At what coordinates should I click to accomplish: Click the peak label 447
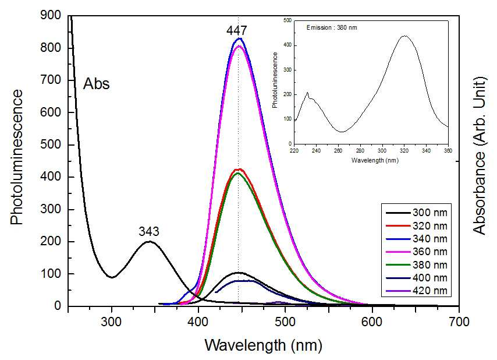[x=236, y=30]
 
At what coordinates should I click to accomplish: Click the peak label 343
[x=148, y=231]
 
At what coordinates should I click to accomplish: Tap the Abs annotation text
[x=97, y=84]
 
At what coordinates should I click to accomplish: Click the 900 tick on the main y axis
[x=51, y=15]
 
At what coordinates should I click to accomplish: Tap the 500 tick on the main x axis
[x=285, y=322]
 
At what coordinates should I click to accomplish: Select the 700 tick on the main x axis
[x=459, y=322]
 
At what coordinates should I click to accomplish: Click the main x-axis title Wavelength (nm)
[x=264, y=345]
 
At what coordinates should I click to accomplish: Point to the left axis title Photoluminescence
[x=17, y=157]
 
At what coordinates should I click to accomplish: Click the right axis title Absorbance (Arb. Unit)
[x=479, y=156]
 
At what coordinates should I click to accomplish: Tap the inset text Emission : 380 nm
[x=332, y=27]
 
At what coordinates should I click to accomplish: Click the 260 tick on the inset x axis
[x=338, y=151]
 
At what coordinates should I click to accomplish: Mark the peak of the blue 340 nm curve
[x=240, y=38]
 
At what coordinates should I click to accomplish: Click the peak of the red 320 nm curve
[x=239, y=169]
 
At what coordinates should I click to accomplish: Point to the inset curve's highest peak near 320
[x=404, y=36]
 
